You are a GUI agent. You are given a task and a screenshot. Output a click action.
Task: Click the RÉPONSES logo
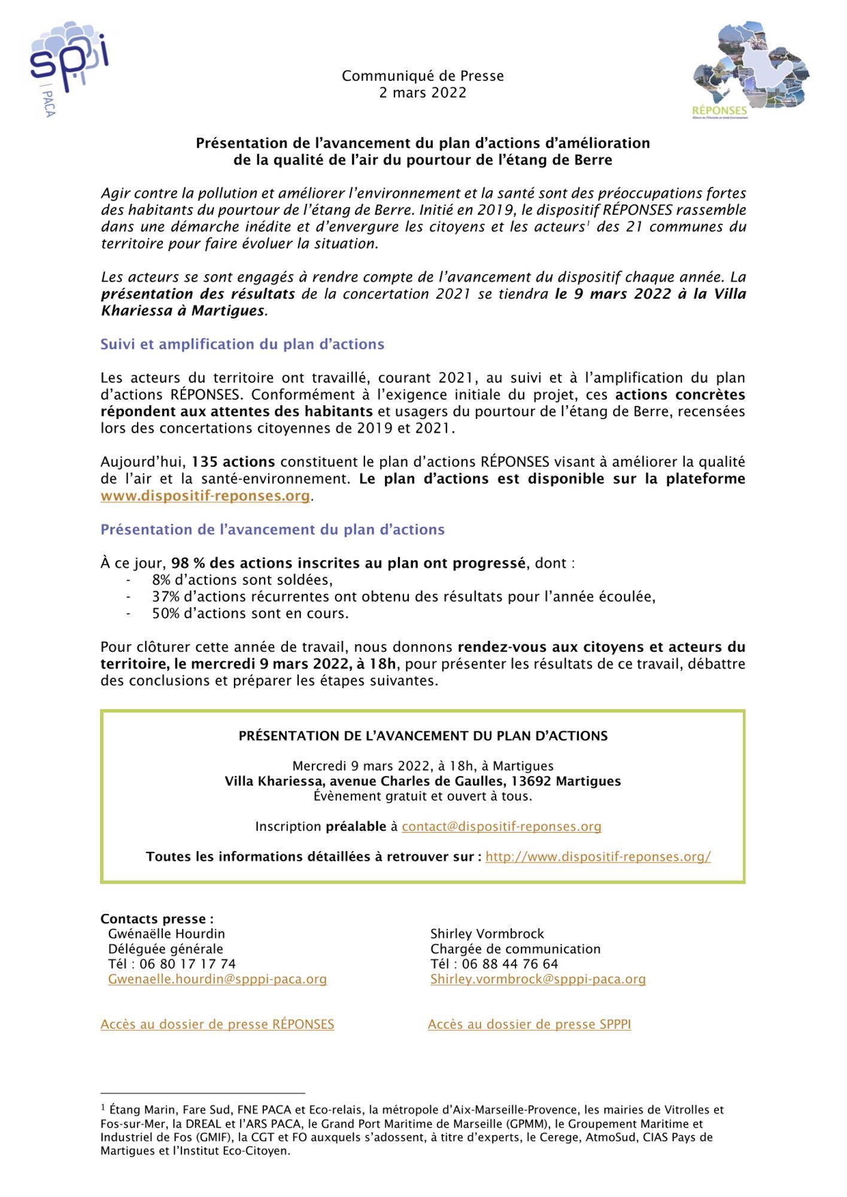750,69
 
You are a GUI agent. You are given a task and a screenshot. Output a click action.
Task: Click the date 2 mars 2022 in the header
423,93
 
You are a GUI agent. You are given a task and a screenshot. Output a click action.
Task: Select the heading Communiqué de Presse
423,76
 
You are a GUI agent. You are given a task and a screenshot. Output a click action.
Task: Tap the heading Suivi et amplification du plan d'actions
242,344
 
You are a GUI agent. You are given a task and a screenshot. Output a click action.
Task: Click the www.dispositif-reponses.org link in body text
205,496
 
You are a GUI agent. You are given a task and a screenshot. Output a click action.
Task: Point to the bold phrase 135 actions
233,462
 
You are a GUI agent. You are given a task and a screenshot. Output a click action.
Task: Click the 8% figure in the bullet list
161,580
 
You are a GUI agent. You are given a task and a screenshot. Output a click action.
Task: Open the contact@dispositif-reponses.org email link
501,827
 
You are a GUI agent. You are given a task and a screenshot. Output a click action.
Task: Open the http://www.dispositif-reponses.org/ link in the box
598,856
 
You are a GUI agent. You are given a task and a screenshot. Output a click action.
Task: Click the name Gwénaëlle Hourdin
166,934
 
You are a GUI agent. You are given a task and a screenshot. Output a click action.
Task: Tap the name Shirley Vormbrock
487,934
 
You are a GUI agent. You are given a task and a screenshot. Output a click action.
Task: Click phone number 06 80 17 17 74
187,964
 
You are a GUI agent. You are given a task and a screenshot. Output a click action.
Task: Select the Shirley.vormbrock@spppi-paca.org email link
538,979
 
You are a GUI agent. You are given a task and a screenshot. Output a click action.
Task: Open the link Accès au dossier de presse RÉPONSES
217,1024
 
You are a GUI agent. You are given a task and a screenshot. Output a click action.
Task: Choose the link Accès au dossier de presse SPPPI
529,1024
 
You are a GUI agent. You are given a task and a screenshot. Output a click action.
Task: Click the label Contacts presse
157,919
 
